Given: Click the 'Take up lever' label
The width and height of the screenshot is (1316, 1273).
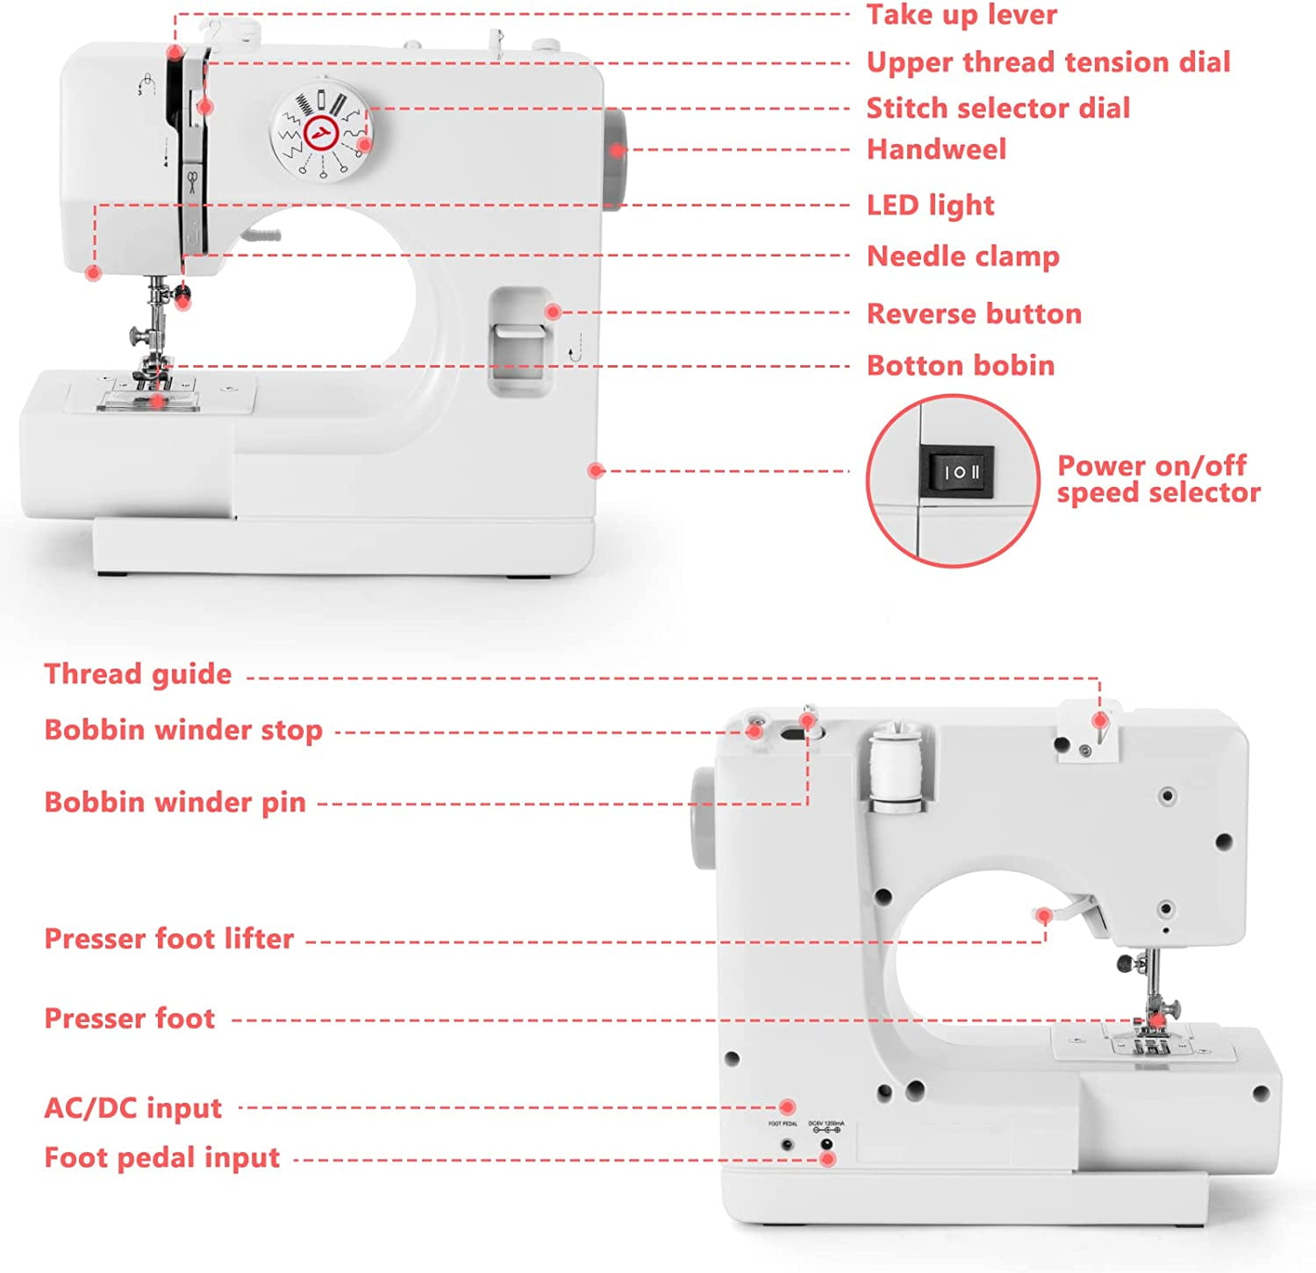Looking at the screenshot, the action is point(962,15).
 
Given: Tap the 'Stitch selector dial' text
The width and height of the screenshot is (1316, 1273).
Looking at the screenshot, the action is point(998,108).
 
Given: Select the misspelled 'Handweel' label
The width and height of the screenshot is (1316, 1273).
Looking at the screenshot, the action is point(936,149).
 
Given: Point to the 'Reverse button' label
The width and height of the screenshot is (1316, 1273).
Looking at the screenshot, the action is point(974,313).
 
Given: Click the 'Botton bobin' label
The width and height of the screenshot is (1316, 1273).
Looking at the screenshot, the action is point(961,365).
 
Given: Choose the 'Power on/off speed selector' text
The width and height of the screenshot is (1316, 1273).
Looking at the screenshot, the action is point(1158,479).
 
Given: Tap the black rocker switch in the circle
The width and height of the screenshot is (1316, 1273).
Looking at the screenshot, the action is point(956,472).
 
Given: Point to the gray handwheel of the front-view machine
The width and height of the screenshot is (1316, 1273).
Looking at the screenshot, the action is point(613,159).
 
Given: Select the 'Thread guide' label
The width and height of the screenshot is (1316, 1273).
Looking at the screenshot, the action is point(138,674).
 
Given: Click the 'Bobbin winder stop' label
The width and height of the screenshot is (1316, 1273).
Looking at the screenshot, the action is point(183,730).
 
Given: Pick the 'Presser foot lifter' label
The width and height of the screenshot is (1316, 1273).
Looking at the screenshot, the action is point(168,939).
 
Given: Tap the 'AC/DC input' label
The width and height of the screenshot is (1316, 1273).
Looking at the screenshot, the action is point(132,1108).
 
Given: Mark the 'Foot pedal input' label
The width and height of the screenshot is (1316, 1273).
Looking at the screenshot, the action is point(161,1158).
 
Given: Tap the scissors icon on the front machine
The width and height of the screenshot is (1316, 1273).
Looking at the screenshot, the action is point(191,182).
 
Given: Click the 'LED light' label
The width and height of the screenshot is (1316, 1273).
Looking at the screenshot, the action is point(930,205).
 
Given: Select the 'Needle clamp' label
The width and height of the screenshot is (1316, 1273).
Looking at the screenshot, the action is point(962,256).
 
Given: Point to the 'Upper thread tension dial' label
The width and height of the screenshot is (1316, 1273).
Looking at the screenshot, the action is point(1048,62).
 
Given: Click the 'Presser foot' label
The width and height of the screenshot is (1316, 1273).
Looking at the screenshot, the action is point(129,1019).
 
